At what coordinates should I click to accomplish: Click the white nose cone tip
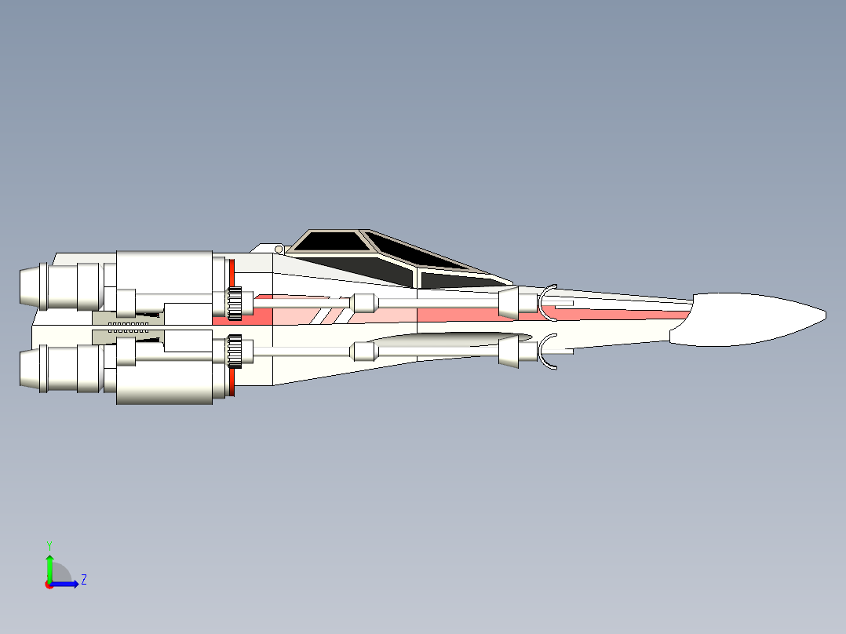click(826, 315)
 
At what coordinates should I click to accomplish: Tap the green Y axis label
click(49, 545)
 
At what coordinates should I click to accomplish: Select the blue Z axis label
click(84, 580)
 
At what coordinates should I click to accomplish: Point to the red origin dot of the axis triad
click(49, 585)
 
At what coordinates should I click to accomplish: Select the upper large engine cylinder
click(164, 271)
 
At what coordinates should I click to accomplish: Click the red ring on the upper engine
click(232, 273)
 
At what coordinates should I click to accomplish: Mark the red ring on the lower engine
click(232, 381)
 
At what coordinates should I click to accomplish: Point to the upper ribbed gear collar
click(234, 303)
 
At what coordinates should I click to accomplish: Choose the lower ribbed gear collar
click(234, 352)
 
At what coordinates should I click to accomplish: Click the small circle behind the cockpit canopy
click(279, 249)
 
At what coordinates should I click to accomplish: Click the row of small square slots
click(129, 324)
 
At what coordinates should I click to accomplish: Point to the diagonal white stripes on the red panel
click(329, 315)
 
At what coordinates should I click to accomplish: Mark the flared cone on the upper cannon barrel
click(509, 302)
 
